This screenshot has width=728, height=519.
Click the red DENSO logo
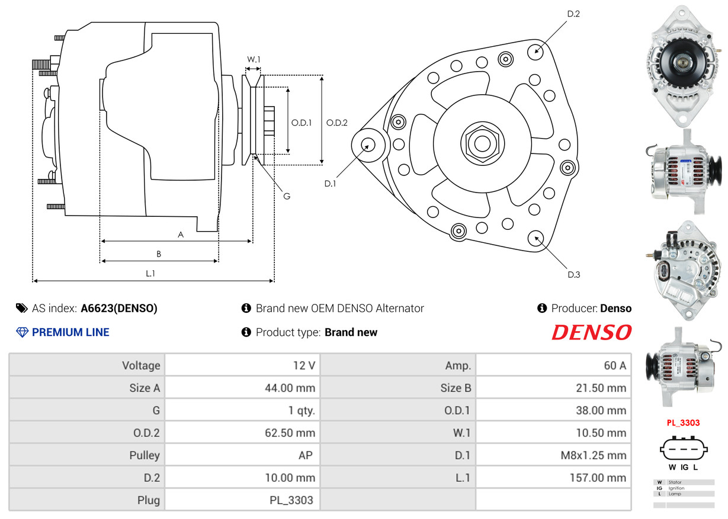591,332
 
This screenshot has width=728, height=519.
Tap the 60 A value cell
615,366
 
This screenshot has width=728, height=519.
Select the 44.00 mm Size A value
290,387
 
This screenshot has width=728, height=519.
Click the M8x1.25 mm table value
594,455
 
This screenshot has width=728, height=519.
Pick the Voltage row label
141,366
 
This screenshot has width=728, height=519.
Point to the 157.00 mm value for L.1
598,478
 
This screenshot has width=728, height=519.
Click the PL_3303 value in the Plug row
291,500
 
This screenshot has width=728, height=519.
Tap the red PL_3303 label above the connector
683,422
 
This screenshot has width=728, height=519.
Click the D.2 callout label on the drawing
573,14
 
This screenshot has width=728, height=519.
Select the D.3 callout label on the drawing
573,275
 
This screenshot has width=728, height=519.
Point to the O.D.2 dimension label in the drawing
336,123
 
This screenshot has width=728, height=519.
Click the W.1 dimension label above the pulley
254,59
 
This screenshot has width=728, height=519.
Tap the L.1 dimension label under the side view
150,273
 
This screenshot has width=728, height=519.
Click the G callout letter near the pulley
287,196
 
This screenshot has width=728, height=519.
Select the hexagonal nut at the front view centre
482,143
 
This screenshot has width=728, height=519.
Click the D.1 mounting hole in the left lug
368,145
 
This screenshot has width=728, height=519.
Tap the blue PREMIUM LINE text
70,332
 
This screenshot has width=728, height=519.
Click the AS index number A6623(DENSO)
119,308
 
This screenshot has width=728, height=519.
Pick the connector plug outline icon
684,449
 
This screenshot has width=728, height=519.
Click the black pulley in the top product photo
682,62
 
